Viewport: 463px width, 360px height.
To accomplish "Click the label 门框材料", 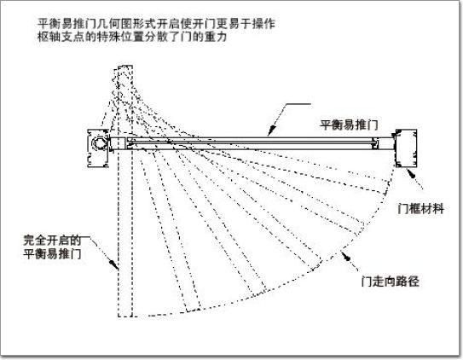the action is pos(420,209).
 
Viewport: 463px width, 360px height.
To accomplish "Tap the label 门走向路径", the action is pos(390,282).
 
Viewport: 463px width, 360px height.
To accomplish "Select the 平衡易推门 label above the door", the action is pos(349,125).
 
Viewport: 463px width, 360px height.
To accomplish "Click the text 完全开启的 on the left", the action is pos(52,241).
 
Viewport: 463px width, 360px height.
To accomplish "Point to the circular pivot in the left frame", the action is pos(100,143).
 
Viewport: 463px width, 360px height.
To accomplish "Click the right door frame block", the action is pos(407,148).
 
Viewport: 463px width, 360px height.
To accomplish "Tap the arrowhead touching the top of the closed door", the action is pos(272,131).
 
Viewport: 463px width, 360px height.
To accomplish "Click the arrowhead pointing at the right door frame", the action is pos(411,173).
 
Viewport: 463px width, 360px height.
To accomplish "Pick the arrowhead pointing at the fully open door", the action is pos(113,264).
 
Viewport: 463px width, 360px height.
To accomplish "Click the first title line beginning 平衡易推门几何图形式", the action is pos(157,24).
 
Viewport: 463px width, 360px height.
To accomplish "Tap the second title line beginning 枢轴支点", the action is pos(132,37).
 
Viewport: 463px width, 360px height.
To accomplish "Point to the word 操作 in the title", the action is pos(264,24).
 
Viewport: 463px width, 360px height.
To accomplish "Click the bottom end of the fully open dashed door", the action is pos(125,316).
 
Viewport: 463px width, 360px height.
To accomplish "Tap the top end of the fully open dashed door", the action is pos(125,66).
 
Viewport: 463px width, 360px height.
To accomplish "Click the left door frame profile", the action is pos(98,148).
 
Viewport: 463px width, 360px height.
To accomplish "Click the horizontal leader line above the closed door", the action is pos(298,104).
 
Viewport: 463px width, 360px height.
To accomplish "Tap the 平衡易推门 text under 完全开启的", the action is pos(52,253).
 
